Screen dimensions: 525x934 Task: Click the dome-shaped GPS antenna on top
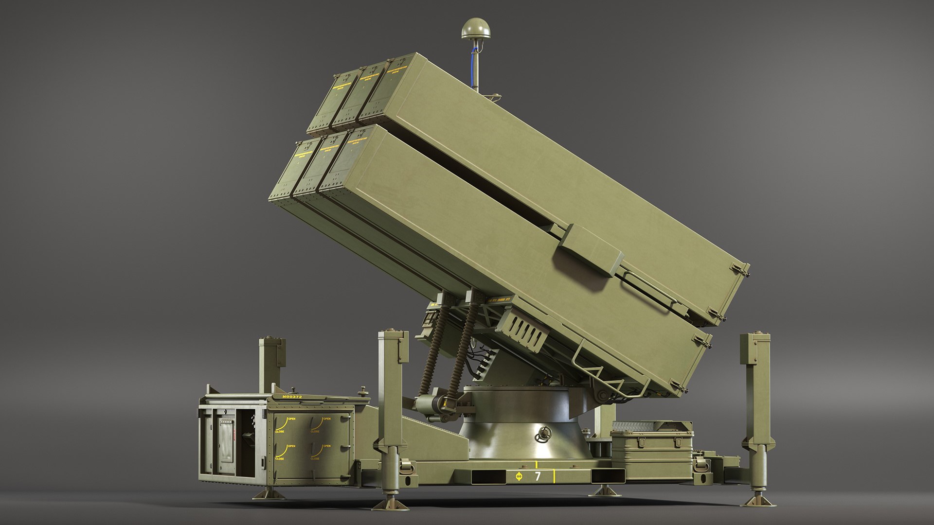click(x=474, y=28)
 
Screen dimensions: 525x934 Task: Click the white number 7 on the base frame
click(x=538, y=476)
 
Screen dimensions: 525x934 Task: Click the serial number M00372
click(x=292, y=397)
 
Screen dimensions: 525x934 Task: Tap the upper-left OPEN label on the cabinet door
click(x=291, y=419)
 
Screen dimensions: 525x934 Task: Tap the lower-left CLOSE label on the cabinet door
click(x=280, y=458)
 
